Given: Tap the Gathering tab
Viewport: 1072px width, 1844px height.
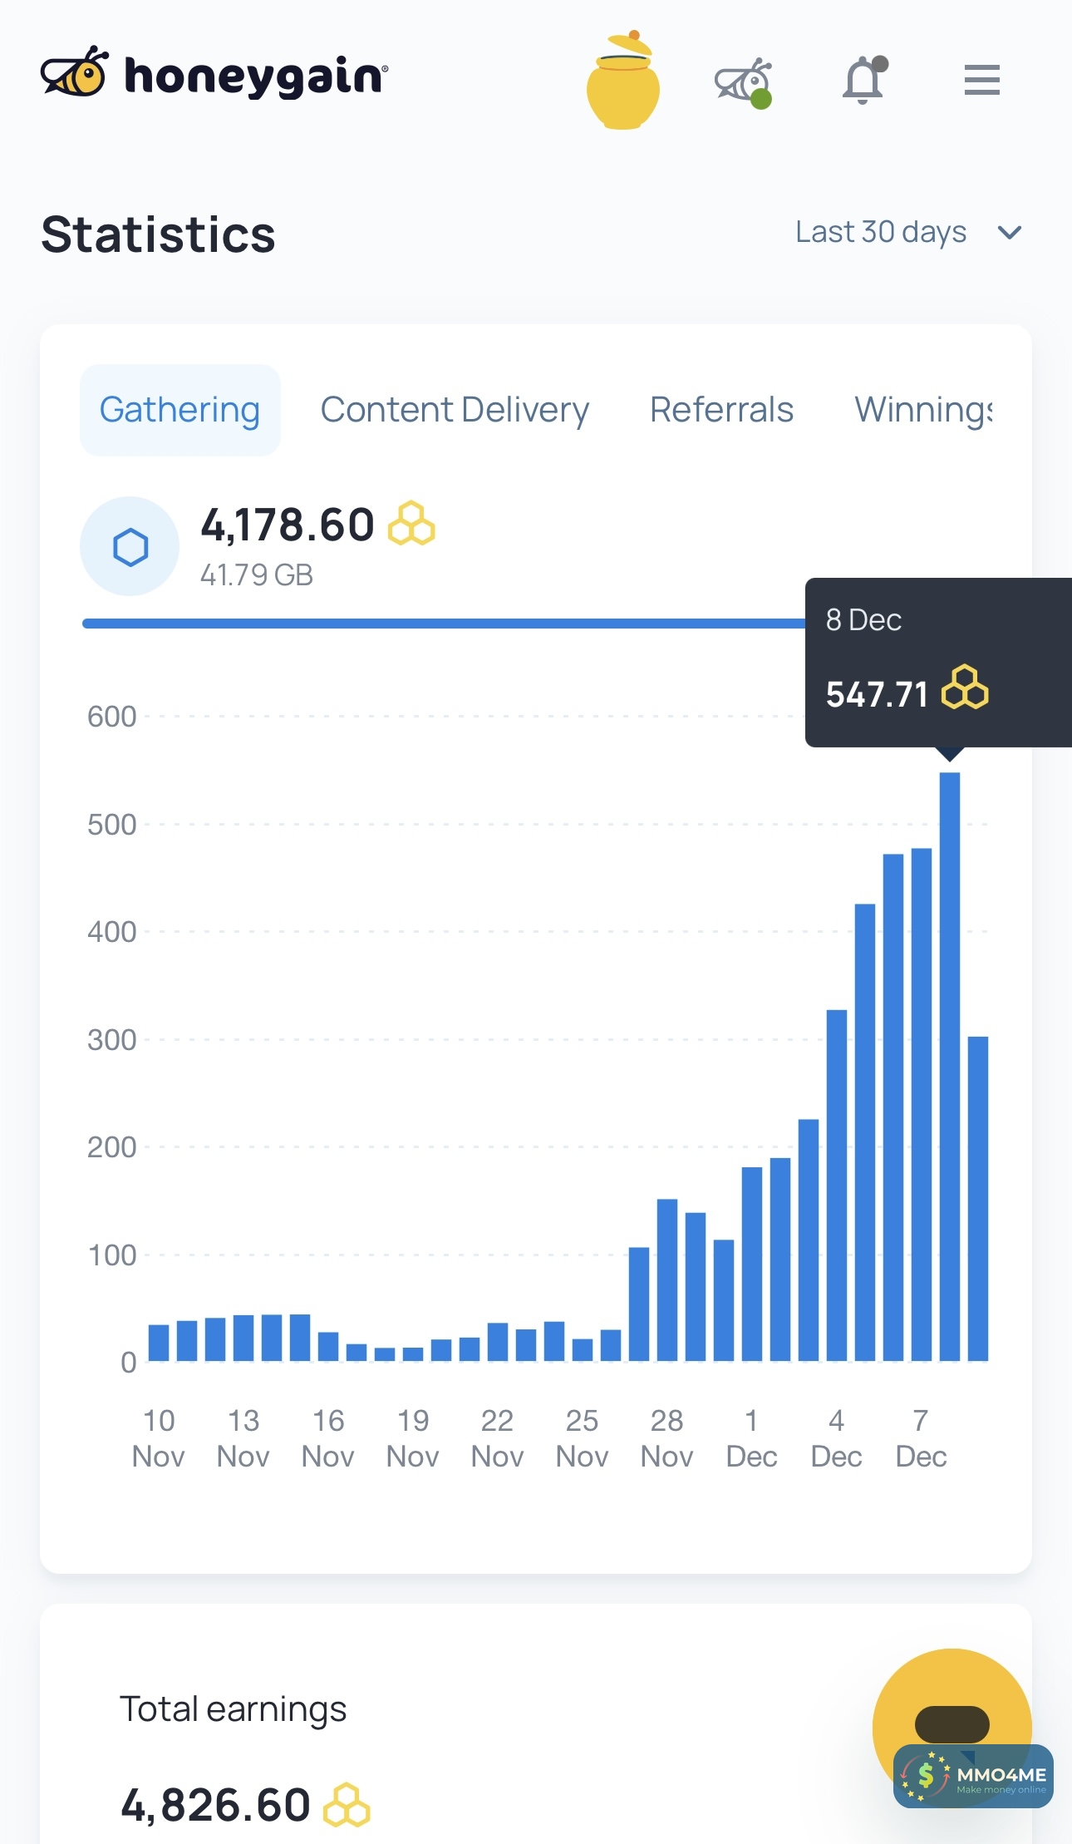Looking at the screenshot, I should pyautogui.click(x=179, y=410).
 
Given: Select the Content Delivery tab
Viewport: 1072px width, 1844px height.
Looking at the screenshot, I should pyautogui.click(x=455, y=410).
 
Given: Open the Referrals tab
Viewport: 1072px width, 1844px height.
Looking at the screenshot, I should pyautogui.click(x=721, y=410).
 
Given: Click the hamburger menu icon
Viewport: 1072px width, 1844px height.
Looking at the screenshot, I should pyautogui.click(x=981, y=80).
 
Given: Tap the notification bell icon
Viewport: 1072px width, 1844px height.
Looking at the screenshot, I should pyautogui.click(x=863, y=81).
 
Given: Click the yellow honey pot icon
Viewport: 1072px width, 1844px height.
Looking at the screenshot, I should pyautogui.click(x=623, y=83).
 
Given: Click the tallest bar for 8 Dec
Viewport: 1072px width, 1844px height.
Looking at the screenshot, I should pyautogui.click(x=949, y=1064).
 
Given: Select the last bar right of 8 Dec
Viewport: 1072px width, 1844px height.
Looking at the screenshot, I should pyautogui.click(x=978, y=1197).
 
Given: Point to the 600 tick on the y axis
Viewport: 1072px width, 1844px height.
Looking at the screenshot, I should pyautogui.click(x=112, y=717).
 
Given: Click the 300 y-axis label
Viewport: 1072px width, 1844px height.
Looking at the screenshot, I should pyautogui.click(x=112, y=1040).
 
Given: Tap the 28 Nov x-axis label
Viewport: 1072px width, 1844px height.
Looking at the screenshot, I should pyautogui.click(x=666, y=1438).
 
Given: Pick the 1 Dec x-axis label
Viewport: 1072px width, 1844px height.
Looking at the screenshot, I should pyautogui.click(x=751, y=1438).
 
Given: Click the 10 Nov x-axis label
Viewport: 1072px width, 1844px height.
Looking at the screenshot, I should pyautogui.click(x=159, y=1438).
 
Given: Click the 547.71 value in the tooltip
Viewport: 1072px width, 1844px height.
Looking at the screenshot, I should pyautogui.click(x=877, y=694).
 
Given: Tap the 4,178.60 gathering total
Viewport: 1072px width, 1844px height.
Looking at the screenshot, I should pyautogui.click(x=288, y=525).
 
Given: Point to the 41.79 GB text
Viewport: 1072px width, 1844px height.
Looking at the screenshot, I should pyautogui.click(x=257, y=575).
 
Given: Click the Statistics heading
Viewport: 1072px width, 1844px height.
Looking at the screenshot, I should pyautogui.click(x=158, y=234).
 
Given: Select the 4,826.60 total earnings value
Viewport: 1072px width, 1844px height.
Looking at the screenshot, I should pyautogui.click(x=216, y=1805).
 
